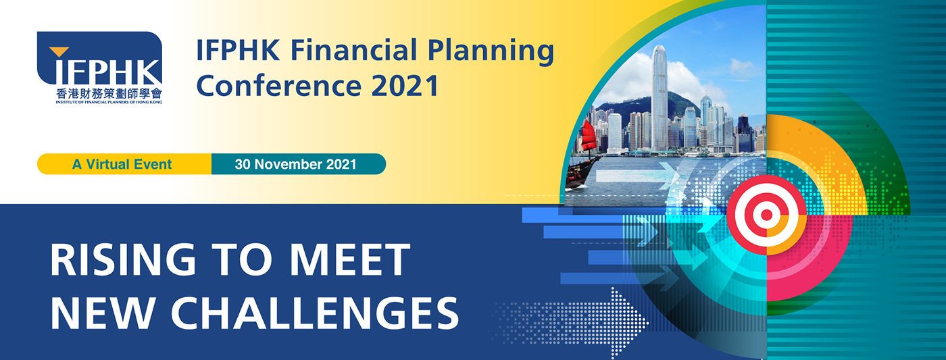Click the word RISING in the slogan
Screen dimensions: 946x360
(123, 260)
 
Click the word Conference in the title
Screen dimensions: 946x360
(278, 86)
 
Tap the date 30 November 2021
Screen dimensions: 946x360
(296, 164)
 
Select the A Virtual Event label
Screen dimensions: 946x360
(122, 164)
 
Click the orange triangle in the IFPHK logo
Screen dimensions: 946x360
(59, 51)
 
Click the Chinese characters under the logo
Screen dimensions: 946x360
(109, 93)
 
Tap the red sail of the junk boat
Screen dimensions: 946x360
(589, 136)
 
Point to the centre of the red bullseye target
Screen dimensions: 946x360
(766, 215)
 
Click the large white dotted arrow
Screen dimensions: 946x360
(570, 324)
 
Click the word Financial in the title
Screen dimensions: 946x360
(354, 50)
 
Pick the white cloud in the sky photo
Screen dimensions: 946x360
(625, 80)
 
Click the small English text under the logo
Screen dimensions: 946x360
(109, 102)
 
